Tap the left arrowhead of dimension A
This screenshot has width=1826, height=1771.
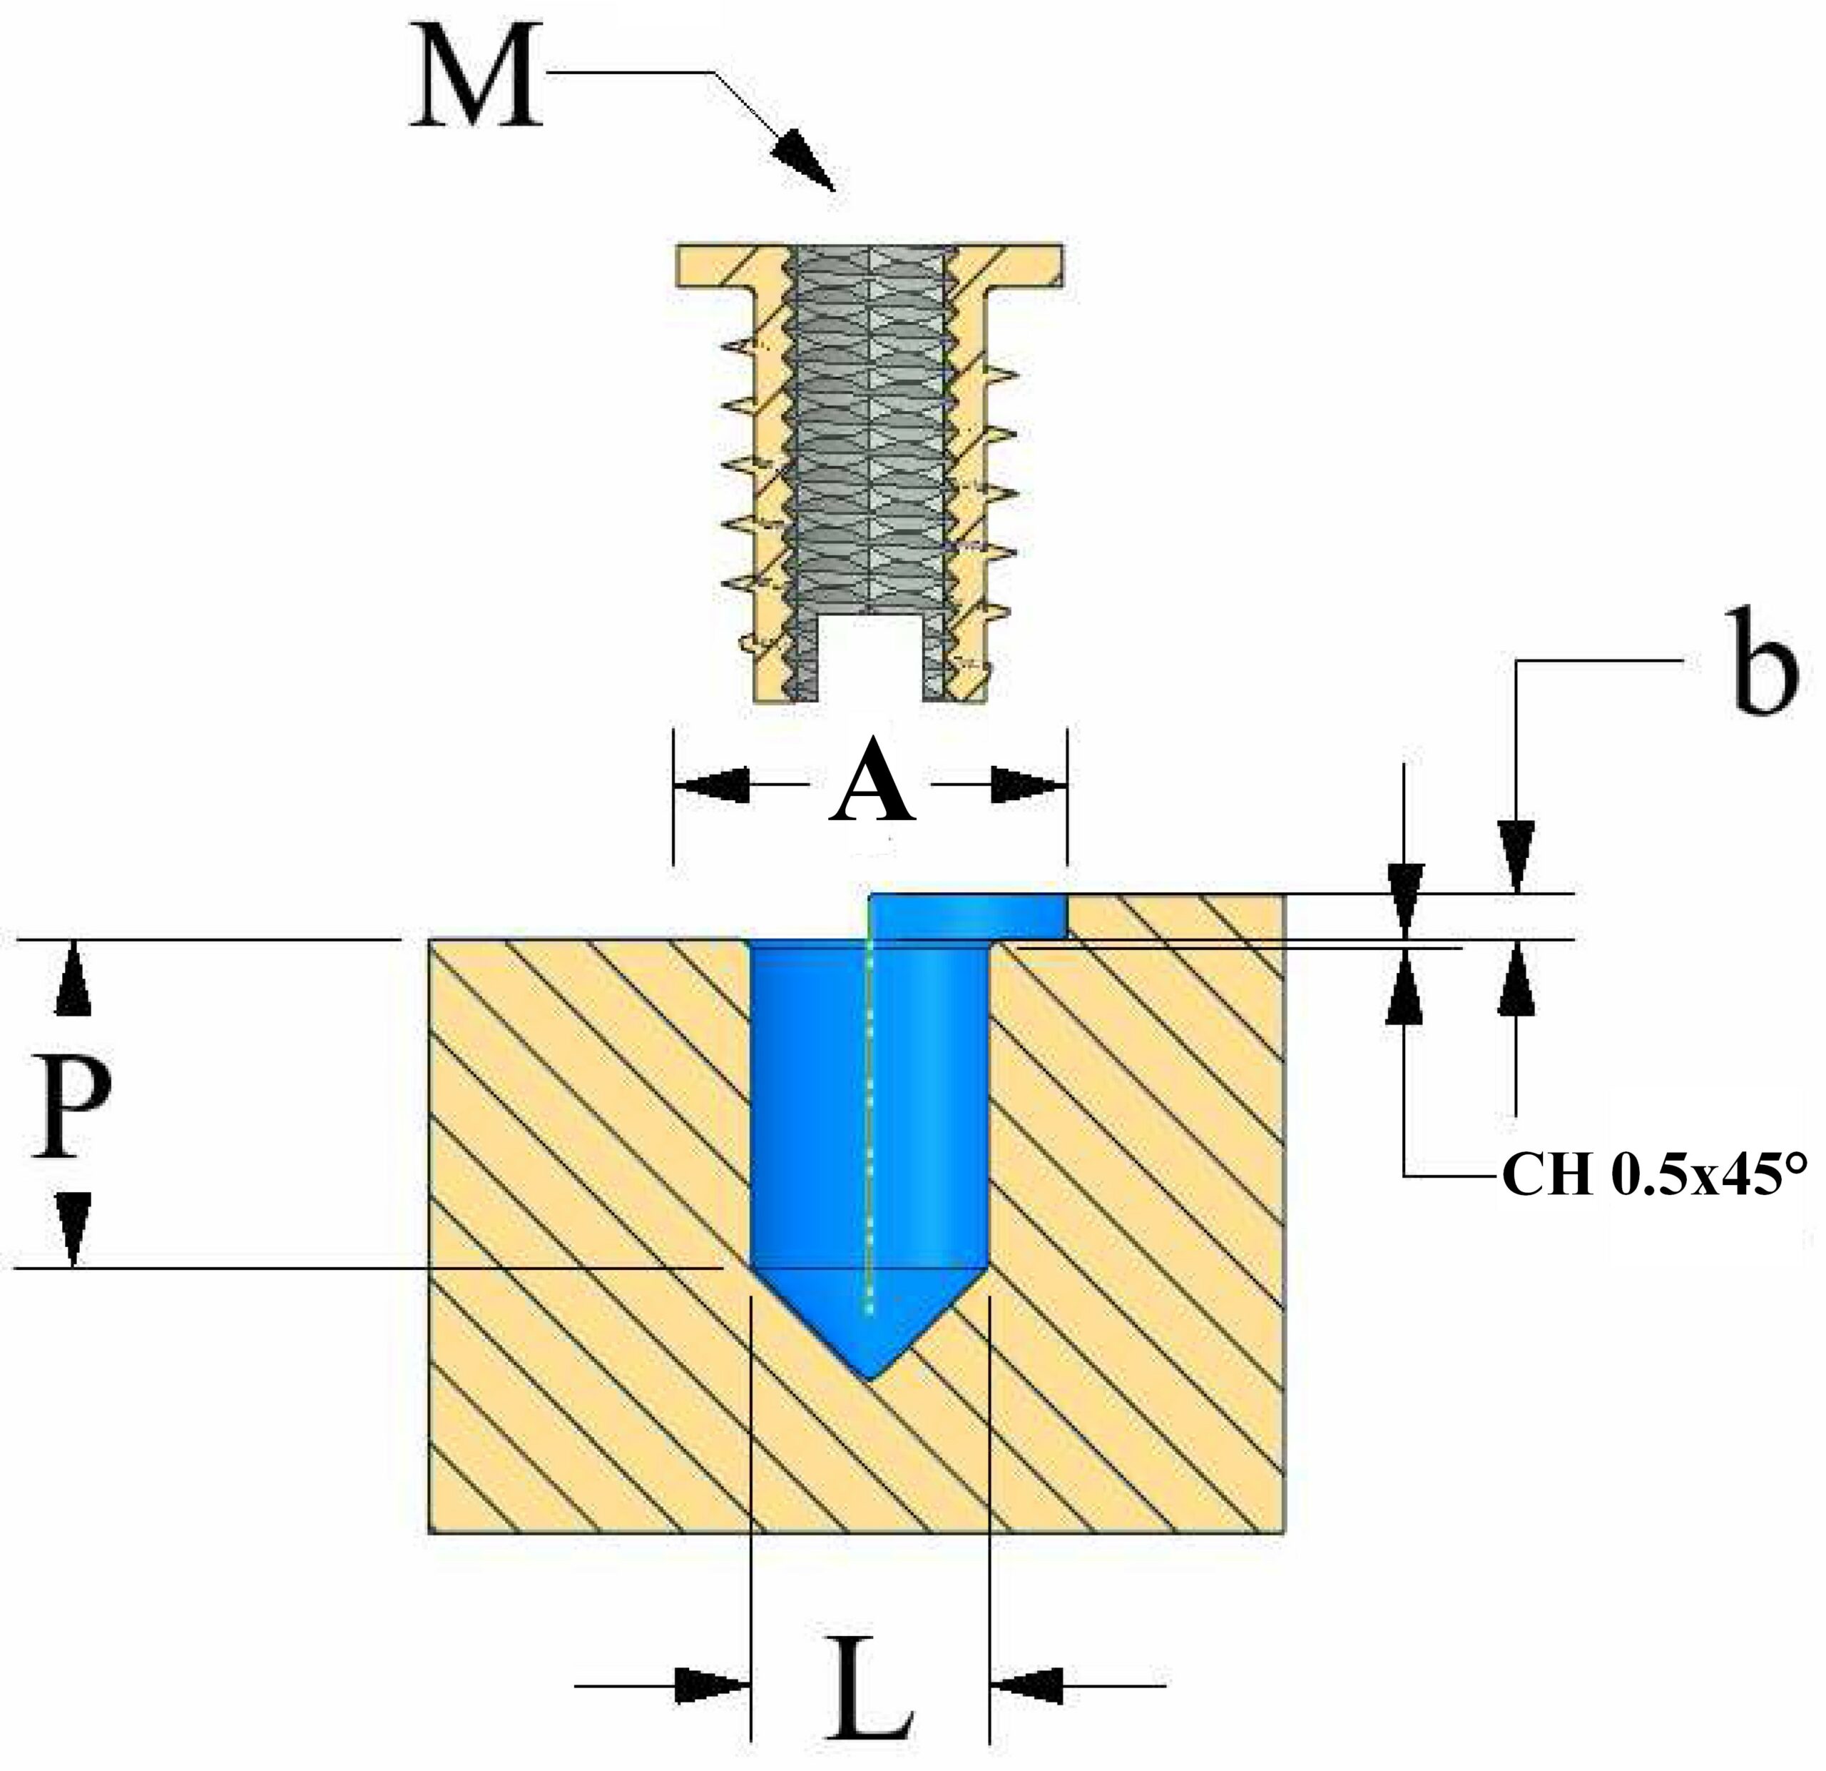[713, 784]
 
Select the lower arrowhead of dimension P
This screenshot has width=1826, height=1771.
[73, 1231]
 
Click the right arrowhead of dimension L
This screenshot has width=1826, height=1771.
[1026, 1685]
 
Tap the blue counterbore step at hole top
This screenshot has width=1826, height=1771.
[969, 917]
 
